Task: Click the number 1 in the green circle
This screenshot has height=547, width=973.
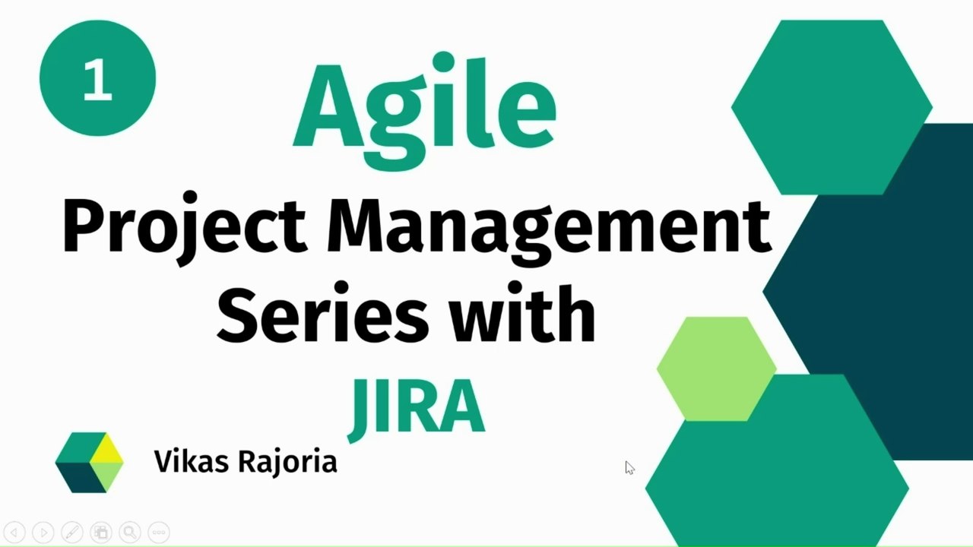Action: [97, 79]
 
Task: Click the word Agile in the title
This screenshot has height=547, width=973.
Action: [424, 108]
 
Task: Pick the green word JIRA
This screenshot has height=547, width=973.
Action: [417, 407]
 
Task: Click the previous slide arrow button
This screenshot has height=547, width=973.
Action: [14, 532]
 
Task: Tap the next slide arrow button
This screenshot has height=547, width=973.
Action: [43, 532]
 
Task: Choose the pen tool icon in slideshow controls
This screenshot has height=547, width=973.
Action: [72, 532]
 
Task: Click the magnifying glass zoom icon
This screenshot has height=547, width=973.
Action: [129, 532]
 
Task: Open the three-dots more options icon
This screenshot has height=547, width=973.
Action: [158, 532]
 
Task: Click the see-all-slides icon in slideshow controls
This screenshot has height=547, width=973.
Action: [100, 532]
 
